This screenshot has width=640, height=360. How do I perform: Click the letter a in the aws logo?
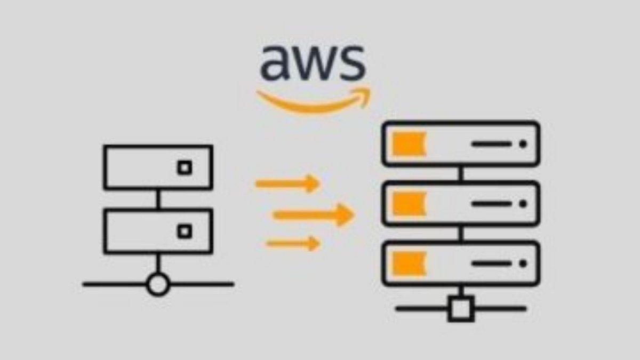276,63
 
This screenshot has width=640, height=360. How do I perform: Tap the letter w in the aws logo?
314,64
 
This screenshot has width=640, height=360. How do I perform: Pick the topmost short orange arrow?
287,184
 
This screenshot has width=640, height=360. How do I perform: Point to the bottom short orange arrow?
293,244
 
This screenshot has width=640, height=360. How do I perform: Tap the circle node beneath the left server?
158,284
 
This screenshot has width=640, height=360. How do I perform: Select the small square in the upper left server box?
185,168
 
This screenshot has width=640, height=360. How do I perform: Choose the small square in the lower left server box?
185,231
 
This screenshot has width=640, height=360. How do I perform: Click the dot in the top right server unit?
523,144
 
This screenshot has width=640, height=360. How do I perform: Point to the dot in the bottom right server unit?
523,263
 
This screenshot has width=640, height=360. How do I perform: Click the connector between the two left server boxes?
158,199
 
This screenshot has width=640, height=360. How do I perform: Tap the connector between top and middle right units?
461,174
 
